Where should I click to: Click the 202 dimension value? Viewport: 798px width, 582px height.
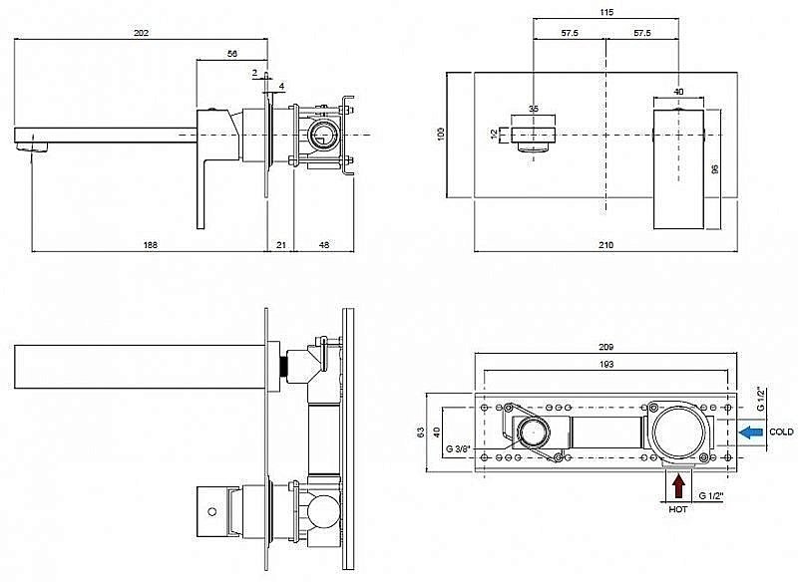[142, 33]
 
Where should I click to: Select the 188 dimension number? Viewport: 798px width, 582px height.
[151, 243]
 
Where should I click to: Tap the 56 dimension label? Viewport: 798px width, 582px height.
[231, 56]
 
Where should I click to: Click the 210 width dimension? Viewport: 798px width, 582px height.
[605, 244]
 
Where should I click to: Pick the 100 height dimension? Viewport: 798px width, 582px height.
[440, 134]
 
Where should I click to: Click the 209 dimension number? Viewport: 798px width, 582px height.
[606, 347]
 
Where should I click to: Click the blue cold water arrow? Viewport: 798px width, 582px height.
[751, 432]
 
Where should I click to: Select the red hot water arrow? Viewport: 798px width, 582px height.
[679, 485]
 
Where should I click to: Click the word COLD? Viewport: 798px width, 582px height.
[782, 432]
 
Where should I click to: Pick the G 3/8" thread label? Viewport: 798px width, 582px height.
[460, 447]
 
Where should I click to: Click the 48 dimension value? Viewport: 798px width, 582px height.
[324, 243]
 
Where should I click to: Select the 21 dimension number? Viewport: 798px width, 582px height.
[280, 243]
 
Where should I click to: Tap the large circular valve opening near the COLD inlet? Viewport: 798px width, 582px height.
[680, 431]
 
